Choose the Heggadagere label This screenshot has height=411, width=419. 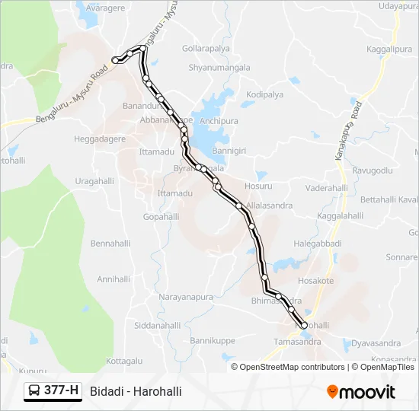pos(100,139)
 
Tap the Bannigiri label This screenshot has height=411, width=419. pos(229,151)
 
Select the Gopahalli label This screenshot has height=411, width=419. pos(160,217)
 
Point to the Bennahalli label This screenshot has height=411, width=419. pos(112,244)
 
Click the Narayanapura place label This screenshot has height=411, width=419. pos(184,296)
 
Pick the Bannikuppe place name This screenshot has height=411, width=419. pos(213,340)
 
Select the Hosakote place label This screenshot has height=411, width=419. pos(316,281)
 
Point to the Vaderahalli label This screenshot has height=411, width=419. pos(325,188)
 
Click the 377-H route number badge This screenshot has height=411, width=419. pos(53,391)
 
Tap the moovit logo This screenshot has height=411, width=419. pos(361,392)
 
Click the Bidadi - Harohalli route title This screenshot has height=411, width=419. pos(136,391)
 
